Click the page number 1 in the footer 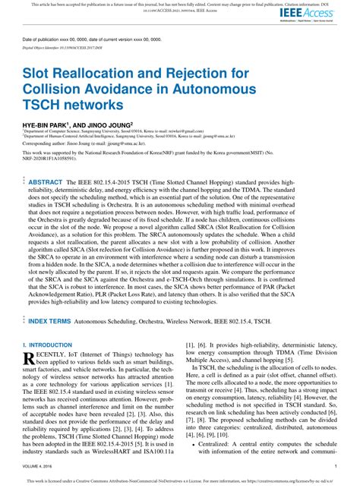click(336, 467)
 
